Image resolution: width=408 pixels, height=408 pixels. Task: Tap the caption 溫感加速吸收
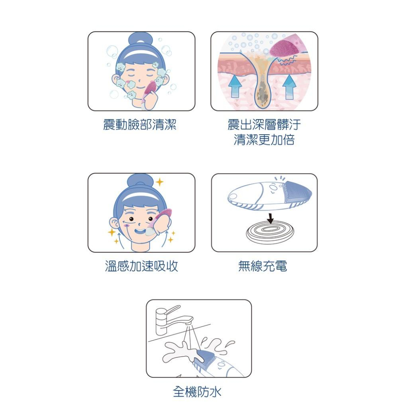click(x=141, y=266)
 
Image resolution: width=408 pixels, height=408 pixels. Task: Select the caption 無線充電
click(x=263, y=266)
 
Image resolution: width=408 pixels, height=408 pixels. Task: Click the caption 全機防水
click(x=197, y=392)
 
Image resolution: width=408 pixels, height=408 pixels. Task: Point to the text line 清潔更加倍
click(x=264, y=140)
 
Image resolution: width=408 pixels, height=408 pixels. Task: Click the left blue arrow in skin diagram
click(x=235, y=86)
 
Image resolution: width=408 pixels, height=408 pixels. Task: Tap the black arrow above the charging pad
click(x=270, y=218)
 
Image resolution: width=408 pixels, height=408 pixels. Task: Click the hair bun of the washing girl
click(x=140, y=40)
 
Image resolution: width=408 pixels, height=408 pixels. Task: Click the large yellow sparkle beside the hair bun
click(x=160, y=182)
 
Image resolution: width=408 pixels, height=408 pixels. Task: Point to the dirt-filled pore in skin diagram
click(x=264, y=92)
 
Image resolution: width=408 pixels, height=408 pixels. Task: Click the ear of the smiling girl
click(x=114, y=223)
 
